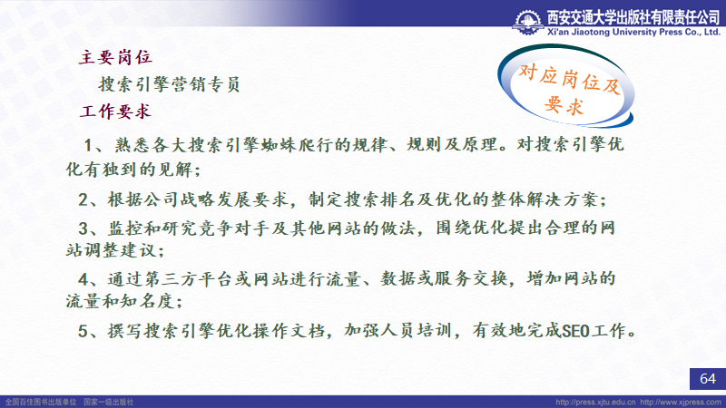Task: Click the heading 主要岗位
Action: [115, 57]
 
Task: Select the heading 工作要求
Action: [115, 112]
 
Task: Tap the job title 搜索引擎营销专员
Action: [169, 84]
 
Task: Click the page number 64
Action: [708, 379]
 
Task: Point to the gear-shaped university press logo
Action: [528, 22]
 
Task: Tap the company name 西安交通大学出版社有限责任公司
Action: [633, 17]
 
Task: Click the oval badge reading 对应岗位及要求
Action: [565, 86]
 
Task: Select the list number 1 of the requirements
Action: [89, 145]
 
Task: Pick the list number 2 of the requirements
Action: [83, 199]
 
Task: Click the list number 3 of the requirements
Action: [83, 228]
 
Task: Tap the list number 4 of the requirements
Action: [83, 279]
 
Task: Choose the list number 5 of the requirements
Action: [83, 331]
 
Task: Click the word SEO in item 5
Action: [575, 331]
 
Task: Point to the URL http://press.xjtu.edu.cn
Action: [595, 402]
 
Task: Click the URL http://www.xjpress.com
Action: [681, 402]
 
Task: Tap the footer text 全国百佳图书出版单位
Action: [41, 402]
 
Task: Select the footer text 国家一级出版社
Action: [108, 402]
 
